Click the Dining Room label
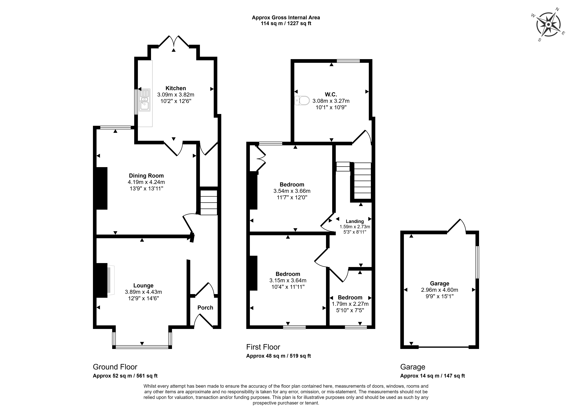146,176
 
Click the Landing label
355,221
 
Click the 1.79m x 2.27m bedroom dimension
350,304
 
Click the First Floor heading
263,347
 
